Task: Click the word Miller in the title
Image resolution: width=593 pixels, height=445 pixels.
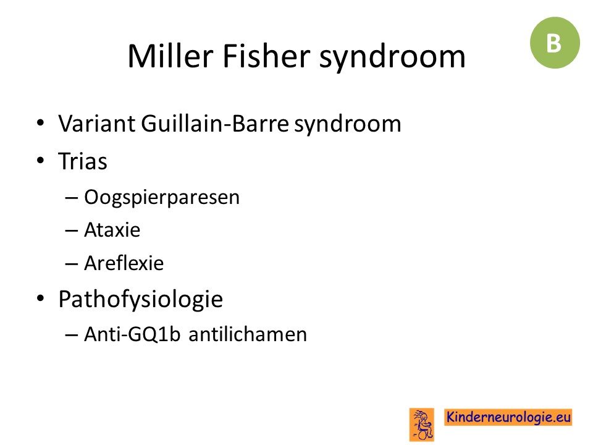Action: [170, 56]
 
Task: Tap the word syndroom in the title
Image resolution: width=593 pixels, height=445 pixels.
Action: [392, 59]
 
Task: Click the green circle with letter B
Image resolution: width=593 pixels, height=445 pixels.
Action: [555, 43]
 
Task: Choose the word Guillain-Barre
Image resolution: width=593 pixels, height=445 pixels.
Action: [215, 124]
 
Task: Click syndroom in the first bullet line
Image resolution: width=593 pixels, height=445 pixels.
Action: [348, 125]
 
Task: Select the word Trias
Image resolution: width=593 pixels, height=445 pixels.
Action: [82, 161]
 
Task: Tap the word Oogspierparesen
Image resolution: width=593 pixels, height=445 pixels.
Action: [162, 198]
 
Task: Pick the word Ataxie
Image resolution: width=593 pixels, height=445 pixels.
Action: [112, 230]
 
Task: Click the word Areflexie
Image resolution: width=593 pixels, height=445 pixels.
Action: [124, 263]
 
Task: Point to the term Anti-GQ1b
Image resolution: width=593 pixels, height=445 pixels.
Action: [132, 334]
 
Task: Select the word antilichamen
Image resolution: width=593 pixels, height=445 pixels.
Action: [248, 334]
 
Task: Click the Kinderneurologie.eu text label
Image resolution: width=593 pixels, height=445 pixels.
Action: [508, 417]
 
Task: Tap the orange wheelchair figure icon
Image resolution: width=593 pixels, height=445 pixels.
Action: [422, 425]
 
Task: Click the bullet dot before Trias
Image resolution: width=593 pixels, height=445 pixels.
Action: [41, 160]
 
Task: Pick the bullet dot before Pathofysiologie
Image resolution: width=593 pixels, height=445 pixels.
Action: [41, 298]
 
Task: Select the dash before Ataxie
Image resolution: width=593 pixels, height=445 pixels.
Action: [72, 231]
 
